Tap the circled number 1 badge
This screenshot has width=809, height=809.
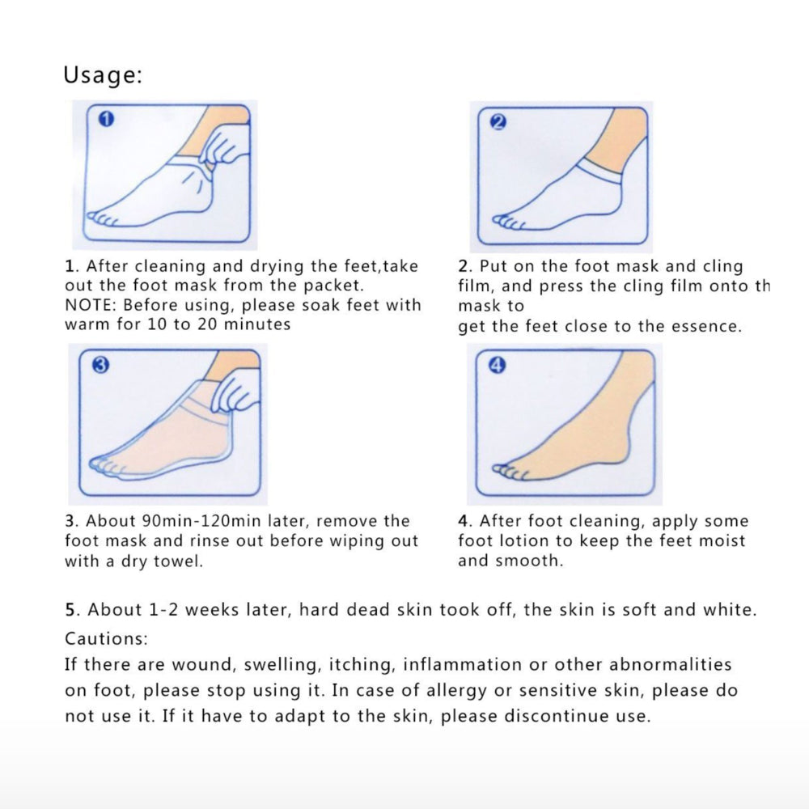(x=106, y=120)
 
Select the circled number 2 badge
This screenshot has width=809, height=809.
(x=498, y=122)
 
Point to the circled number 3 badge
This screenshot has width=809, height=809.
(x=100, y=366)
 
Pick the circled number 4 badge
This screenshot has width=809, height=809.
(x=497, y=365)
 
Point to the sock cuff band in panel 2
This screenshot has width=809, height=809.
(x=599, y=170)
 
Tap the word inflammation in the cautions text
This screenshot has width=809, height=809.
(x=462, y=664)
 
